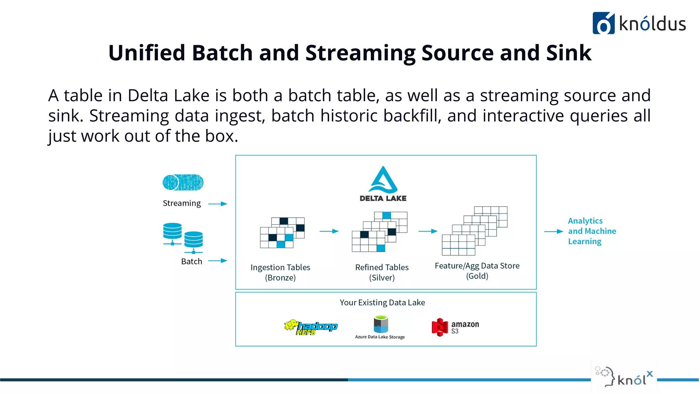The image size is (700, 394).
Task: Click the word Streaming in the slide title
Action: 360,53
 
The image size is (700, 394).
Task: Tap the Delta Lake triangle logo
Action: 383,181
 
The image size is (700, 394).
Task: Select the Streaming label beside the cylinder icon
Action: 181,203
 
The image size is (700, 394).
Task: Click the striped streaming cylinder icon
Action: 183,182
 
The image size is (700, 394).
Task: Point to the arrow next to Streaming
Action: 218,204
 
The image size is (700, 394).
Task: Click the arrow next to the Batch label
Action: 218,261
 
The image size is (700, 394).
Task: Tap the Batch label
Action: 191,261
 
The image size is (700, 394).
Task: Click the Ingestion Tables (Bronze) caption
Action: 280,272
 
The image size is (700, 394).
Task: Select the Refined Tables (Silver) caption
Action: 382,272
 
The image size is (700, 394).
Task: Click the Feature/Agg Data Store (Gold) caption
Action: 477,271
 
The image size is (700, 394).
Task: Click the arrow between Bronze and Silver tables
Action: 329,231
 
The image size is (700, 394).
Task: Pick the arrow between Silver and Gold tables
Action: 428,231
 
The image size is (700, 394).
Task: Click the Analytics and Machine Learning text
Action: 592,231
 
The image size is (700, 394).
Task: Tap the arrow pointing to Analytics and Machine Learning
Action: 553,232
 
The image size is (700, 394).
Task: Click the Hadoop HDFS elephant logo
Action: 310,327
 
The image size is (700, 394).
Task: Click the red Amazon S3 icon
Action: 440,327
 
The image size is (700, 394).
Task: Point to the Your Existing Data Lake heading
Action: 382,302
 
